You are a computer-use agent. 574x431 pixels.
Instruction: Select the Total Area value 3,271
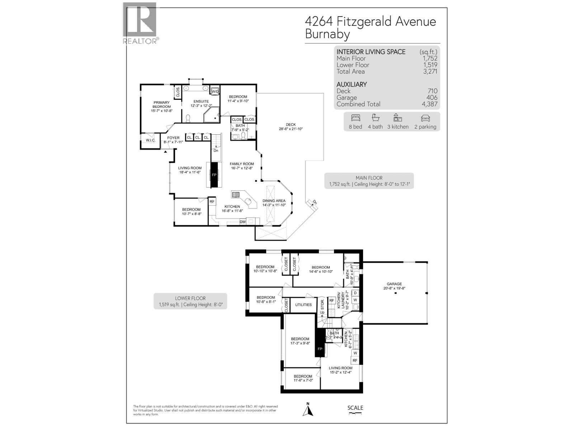point(430,71)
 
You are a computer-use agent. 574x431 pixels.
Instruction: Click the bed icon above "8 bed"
point(355,118)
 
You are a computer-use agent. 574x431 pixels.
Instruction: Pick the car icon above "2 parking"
point(425,118)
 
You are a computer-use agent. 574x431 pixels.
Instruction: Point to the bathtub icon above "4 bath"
point(375,118)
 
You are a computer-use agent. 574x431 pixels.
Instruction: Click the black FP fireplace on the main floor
point(214,175)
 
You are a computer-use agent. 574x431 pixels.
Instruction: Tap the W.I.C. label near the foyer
point(151,140)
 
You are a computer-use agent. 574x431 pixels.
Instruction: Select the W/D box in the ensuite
point(215,92)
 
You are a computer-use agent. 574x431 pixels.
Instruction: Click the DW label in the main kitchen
point(243,222)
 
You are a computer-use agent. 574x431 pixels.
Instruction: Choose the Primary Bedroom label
point(161,105)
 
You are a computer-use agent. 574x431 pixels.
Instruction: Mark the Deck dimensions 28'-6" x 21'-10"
point(291,129)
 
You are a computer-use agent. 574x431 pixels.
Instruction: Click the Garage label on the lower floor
point(394,284)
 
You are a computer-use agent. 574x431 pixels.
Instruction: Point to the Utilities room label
point(304,305)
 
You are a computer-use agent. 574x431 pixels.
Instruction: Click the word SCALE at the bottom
point(355,408)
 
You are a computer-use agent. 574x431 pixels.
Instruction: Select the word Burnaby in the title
point(327,34)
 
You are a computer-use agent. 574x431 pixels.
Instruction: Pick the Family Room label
point(242,164)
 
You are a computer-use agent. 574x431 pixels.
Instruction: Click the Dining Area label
point(274,201)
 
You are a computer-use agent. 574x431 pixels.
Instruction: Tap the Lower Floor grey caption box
point(190,301)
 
